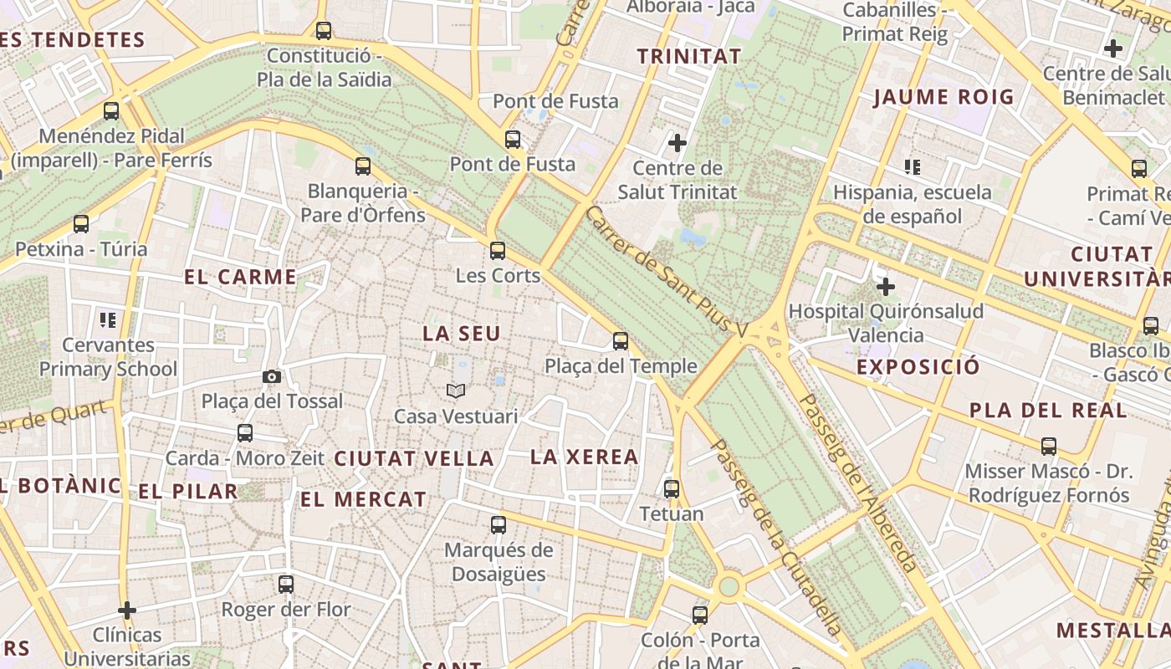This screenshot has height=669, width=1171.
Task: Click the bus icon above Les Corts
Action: click(498, 250)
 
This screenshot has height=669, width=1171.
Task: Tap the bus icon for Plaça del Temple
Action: click(620, 341)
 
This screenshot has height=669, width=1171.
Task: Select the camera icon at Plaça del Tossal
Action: click(272, 376)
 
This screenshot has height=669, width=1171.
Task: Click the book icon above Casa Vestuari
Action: click(456, 391)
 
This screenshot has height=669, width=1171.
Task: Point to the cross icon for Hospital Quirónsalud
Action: click(885, 287)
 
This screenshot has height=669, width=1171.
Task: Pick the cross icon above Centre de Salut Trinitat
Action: click(678, 143)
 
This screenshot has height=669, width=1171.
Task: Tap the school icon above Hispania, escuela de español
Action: click(913, 167)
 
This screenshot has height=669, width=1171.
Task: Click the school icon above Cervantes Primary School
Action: click(108, 319)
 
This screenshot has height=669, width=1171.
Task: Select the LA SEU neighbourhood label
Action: click(462, 334)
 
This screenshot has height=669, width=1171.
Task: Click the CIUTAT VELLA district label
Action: click(414, 458)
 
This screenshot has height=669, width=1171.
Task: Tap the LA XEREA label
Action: click(585, 457)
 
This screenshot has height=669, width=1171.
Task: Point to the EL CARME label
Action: click(240, 277)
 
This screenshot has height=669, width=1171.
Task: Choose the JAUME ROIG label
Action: click(943, 97)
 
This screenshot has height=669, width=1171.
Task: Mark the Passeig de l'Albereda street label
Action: click(857, 483)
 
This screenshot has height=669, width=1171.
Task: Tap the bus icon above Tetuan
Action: click(672, 488)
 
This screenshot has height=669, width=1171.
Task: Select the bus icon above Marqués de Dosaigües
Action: click(499, 525)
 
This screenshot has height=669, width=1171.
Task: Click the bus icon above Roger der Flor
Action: click(286, 585)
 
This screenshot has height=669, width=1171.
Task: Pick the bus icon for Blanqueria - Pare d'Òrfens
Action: click(363, 166)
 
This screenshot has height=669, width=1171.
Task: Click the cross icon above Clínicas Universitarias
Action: click(127, 610)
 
